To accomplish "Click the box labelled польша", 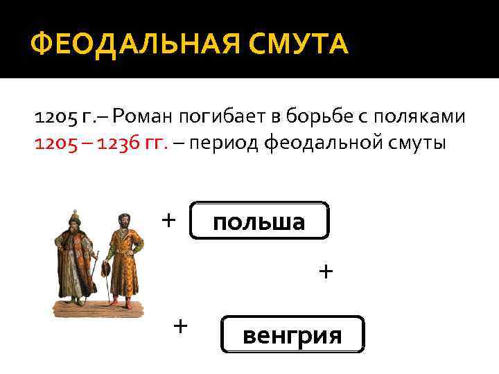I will click(259, 221).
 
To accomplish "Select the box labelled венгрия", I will click(292, 335).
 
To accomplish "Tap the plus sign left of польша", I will click(168, 220).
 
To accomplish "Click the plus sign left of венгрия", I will click(180, 325).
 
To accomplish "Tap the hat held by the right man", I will click(105, 268).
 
